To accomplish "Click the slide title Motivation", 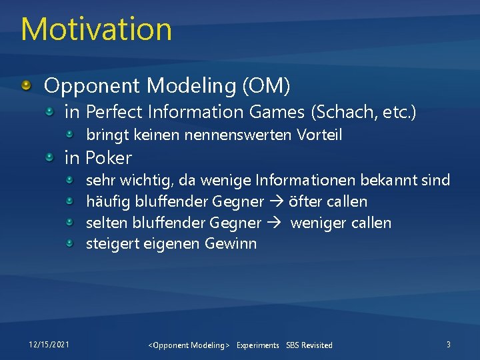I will (x=97, y=29).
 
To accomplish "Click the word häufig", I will (x=108, y=201).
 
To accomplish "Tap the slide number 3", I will (x=448, y=344).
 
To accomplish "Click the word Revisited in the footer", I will (x=317, y=345).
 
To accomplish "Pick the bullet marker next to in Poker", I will (x=51, y=158).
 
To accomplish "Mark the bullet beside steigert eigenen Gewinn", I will (x=71, y=244).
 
